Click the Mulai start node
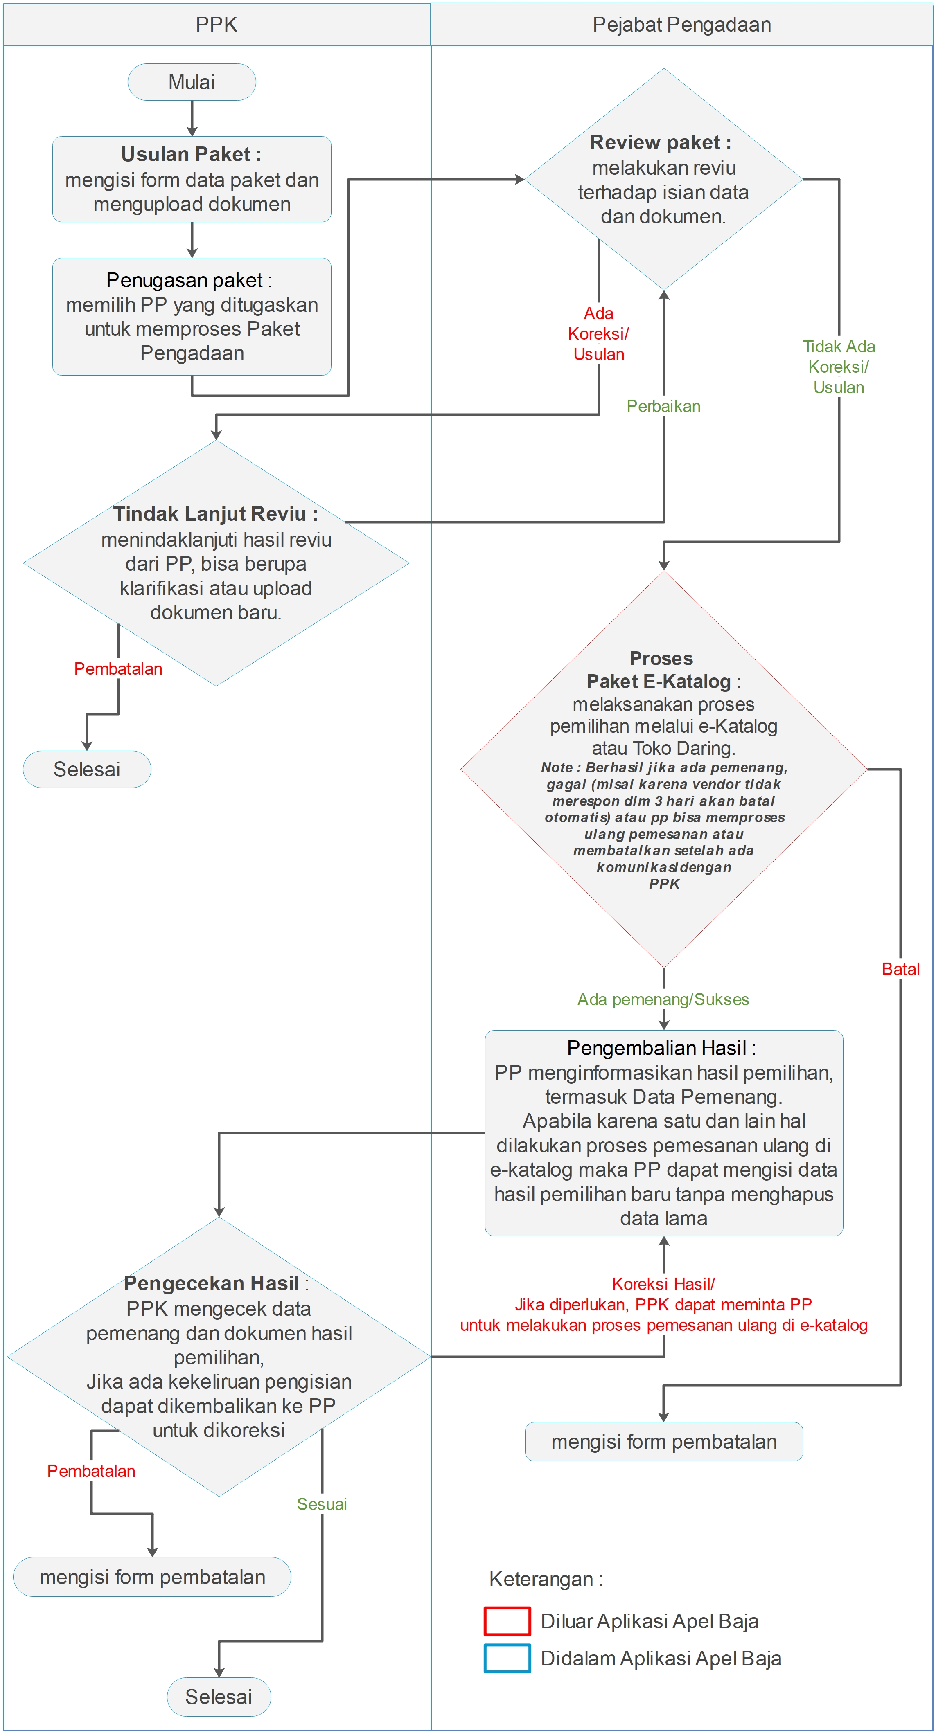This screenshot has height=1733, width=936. click(x=192, y=82)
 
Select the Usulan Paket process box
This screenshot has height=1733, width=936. click(x=192, y=179)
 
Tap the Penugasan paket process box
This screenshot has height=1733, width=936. click(x=192, y=316)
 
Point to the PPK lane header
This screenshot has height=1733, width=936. click(x=216, y=25)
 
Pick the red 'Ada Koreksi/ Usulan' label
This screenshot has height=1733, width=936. click(x=598, y=334)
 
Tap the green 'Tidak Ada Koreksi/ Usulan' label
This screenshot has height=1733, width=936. click(x=839, y=367)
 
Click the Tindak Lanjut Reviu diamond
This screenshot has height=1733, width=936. click(x=216, y=563)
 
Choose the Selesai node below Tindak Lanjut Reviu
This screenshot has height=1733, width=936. click(x=87, y=769)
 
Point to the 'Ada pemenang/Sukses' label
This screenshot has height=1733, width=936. click(x=663, y=999)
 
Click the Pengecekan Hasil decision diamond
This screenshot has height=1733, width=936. click(x=219, y=1356)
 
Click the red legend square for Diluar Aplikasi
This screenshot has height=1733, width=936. click(x=507, y=1620)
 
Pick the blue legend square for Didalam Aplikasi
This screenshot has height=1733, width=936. click(x=507, y=1658)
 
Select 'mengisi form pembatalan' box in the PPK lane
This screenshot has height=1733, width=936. click(x=152, y=1577)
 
